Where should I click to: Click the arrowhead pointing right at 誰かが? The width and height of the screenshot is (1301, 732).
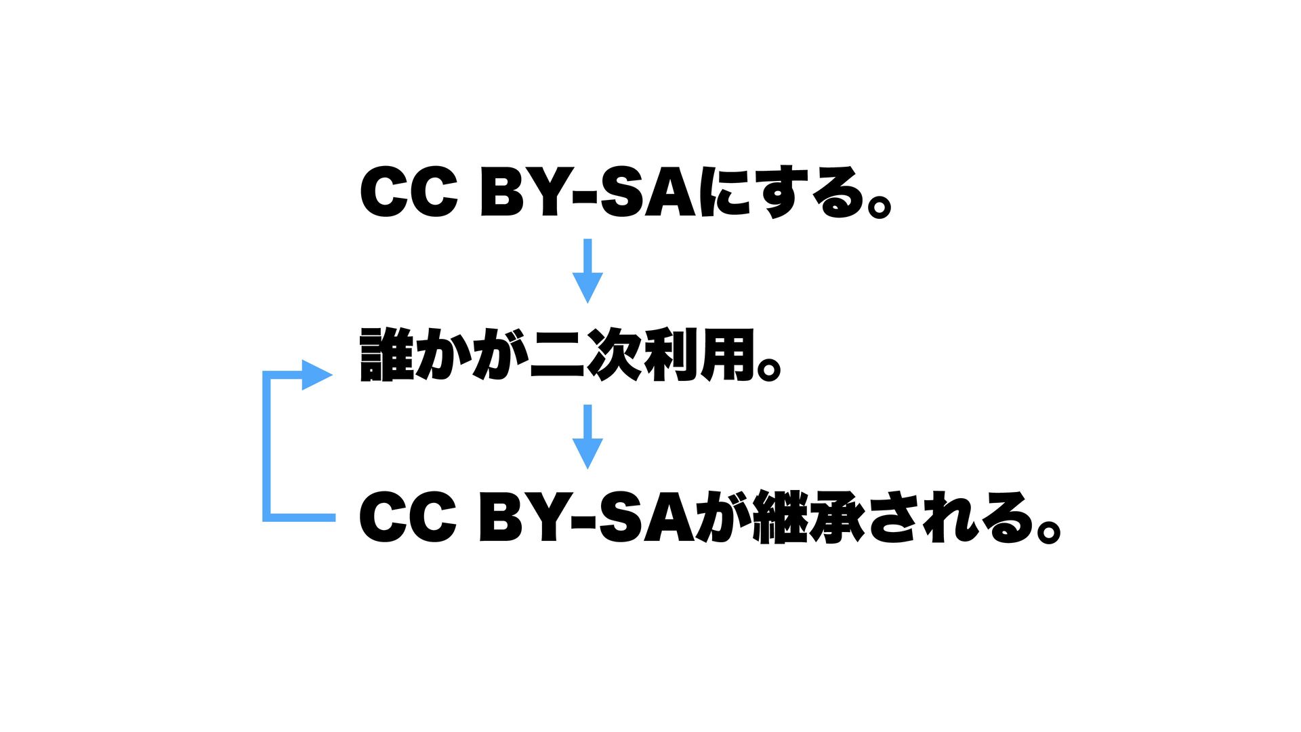pos(316,375)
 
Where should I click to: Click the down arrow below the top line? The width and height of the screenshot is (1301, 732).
pos(587,271)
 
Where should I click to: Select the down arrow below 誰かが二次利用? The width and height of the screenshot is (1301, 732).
pos(587,436)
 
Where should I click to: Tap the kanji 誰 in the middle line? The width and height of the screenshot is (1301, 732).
pos(387,355)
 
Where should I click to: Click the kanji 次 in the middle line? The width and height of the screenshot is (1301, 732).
pos(614,355)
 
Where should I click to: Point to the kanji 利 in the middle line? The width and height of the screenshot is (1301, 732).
pos(670,355)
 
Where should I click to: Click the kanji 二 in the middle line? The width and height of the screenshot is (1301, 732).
pos(557,355)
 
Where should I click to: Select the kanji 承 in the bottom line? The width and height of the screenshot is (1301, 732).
pos(837,517)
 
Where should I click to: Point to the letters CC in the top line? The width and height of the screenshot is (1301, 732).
pos(409,193)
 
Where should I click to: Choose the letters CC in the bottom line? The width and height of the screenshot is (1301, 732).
pos(409,517)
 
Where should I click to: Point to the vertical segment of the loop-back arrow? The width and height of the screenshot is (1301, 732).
pos(267,447)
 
